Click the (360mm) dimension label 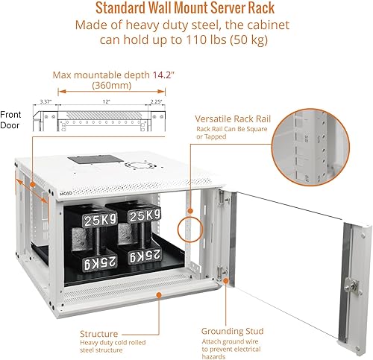pyautogui.click(x=112, y=86)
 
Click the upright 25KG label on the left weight pyautogui.click(x=99, y=221)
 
